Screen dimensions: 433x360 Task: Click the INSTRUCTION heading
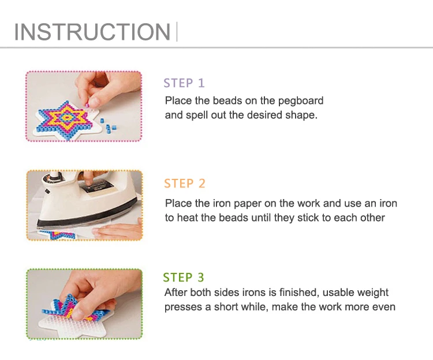tap(92, 32)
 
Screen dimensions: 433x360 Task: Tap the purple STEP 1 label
tap(184, 83)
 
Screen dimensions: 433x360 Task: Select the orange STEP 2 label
tap(185, 183)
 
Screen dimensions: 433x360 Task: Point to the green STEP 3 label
tap(184, 277)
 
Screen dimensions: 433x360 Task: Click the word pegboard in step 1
tap(300, 101)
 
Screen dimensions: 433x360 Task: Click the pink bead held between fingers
tap(87, 105)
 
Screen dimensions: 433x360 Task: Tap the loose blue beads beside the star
tap(109, 126)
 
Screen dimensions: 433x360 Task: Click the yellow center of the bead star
tap(66, 118)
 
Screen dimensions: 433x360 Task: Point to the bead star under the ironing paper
tap(57, 234)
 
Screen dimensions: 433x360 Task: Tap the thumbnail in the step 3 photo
tap(77, 313)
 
